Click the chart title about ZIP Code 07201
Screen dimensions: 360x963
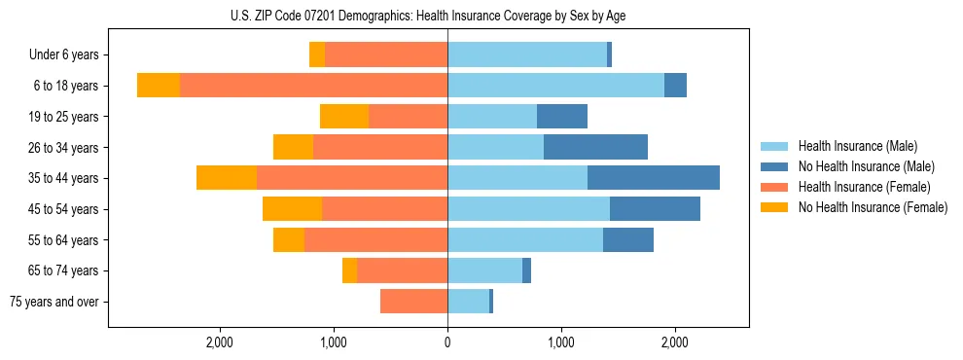click(481, 16)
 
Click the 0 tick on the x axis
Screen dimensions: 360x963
click(447, 342)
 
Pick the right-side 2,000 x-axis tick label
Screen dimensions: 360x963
click(675, 342)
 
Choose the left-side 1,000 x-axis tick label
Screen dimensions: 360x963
click(334, 342)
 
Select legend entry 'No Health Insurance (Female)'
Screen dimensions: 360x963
click(873, 207)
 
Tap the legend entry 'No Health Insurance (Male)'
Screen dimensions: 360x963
click(866, 166)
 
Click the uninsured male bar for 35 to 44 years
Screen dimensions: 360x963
click(654, 178)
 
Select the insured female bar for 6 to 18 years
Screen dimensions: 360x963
click(313, 86)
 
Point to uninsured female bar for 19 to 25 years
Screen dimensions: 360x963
click(344, 117)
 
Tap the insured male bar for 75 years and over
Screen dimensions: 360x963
click(468, 302)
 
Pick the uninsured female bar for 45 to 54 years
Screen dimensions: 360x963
click(292, 209)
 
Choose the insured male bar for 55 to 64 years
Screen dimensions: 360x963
click(525, 239)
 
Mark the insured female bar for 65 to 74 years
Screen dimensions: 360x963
click(402, 270)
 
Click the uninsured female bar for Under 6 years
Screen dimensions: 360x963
click(317, 55)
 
